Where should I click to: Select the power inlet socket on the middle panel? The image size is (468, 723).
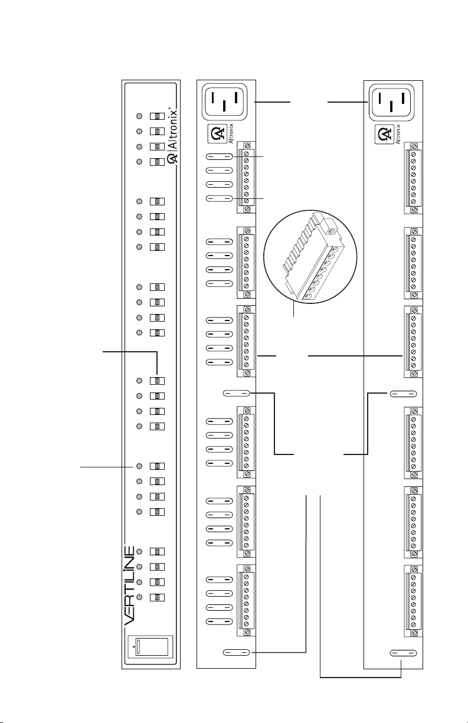224,102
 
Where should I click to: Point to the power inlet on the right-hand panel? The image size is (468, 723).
391,102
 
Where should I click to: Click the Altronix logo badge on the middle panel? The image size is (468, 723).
220,134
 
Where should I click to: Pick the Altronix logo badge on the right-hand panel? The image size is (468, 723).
387,135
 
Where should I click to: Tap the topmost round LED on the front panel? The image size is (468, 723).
139,116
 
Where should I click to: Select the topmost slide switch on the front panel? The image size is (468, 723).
157,116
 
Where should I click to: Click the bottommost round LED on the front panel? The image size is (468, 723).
139,597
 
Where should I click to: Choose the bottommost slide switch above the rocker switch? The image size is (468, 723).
157,597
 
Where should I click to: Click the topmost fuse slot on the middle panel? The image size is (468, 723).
219,156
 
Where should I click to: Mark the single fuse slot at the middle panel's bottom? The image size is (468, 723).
236,653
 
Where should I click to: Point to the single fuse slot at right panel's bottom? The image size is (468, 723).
404,653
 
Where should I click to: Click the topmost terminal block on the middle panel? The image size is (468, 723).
246,177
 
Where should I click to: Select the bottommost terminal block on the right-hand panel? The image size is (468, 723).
414,601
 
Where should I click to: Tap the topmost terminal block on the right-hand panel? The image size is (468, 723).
414,178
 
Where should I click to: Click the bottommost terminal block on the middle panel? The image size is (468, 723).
246,601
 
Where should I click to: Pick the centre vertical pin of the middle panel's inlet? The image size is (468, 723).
224,106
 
